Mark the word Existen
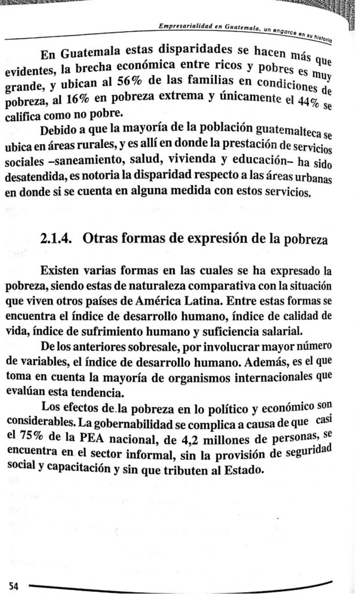click(63, 271)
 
